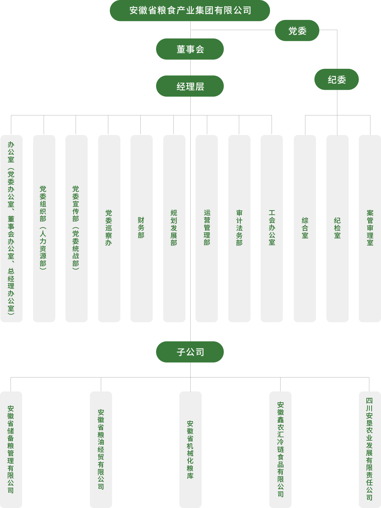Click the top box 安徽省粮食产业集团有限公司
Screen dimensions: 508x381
[x=190, y=11]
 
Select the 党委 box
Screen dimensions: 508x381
[x=297, y=30]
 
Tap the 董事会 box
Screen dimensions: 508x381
[x=190, y=49]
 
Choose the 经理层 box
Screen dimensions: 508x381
[x=190, y=86]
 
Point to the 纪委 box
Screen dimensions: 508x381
[x=336, y=79]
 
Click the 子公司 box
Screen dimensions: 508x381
[x=190, y=352]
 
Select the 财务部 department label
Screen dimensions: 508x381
[x=141, y=228]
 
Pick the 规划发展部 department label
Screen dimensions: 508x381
[x=174, y=228]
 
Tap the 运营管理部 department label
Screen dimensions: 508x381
[x=206, y=228]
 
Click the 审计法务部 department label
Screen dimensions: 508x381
[x=239, y=228]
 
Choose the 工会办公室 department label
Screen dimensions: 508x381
[x=272, y=228]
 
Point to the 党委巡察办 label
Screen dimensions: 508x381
[x=109, y=228]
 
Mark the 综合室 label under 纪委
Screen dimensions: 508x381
[x=305, y=228]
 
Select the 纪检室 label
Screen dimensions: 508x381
[x=337, y=228]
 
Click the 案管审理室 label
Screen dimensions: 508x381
[x=370, y=228]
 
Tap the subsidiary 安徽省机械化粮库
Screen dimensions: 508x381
[x=190, y=449]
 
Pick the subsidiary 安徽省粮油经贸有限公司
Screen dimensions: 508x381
[x=101, y=449]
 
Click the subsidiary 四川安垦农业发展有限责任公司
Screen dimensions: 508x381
[x=369, y=449]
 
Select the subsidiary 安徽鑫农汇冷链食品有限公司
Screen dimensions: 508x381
[x=280, y=449]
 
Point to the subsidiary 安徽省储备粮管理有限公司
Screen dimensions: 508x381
[x=11, y=449]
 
